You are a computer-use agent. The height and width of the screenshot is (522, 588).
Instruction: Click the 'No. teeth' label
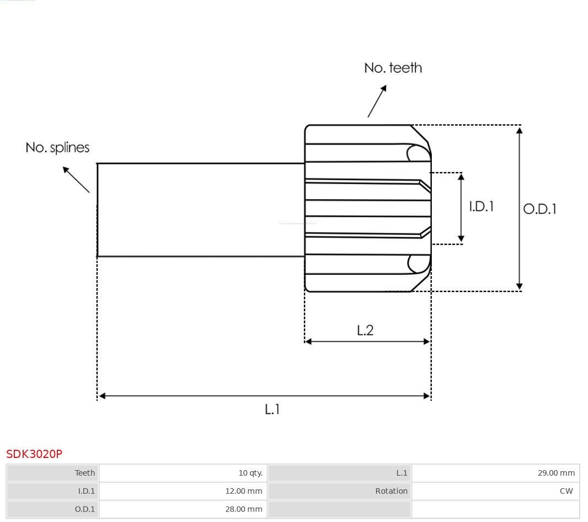pos(393,68)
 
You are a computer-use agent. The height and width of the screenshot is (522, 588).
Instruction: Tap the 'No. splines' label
pos(57,148)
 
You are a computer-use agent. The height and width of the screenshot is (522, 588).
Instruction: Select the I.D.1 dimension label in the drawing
pos(481,206)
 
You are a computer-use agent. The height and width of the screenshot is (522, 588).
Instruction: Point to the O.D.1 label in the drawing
pos(539,209)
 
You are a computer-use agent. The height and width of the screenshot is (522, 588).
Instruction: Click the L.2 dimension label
pos(365,330)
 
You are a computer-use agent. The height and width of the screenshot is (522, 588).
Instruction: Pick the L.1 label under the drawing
pos(272,409)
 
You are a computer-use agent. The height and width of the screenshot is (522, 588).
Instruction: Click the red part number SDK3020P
pos(34,454)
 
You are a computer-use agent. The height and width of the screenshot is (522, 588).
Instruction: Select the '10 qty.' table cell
pos(250,473)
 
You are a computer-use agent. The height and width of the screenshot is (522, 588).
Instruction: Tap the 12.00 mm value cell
pos(243,491)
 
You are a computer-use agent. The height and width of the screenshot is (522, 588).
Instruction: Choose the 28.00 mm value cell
pos(243,509)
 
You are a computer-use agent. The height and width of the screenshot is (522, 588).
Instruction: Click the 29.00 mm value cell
pos(556,473)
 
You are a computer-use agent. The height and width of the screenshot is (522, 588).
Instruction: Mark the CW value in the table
pos(566,491)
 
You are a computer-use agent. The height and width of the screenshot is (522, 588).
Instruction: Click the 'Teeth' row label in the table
pos(85,473)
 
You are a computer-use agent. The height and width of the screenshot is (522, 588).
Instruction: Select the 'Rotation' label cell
pos(391,491)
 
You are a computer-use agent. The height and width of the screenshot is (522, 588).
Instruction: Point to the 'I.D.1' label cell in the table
pos(86,491)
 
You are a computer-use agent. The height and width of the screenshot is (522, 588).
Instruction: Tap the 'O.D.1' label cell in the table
pos(85,509)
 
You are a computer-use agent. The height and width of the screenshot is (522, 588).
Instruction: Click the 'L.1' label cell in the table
pos(402,473)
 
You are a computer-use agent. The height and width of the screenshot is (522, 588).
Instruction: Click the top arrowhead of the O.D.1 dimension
pos(519,130)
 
